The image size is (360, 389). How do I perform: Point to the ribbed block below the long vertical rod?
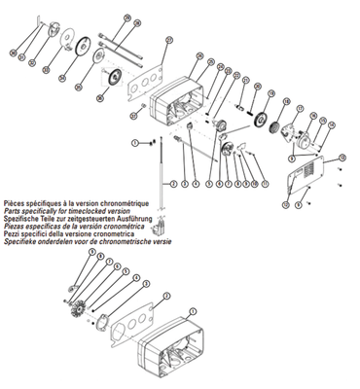pos(159,237)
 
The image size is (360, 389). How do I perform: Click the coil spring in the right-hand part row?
pos(261,118)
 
